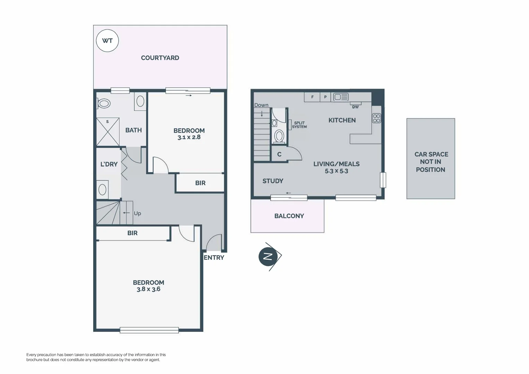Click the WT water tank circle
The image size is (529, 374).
click(x=107, y=41)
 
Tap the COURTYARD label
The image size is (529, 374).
click(x=160, y=58)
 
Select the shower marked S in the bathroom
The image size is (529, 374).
click(x=108, y=132)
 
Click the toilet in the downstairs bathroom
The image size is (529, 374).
click(x=104, y=103)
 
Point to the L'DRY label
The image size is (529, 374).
click(x=109, y=164)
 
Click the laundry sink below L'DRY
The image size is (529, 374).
click(x=103, y=189)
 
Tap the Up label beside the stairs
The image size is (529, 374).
click(x=137, y=213)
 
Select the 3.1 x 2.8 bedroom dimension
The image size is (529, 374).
click(x=189, y=137)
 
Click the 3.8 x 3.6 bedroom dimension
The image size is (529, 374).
click(x=148, y=289)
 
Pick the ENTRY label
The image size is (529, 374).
click(x=214, y=258)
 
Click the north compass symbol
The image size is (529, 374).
click(x=268, y=256)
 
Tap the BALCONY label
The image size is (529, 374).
click(x=289, y=216)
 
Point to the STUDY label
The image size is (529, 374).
click(x=273, y=181)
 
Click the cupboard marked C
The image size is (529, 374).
click(x=279, y=154)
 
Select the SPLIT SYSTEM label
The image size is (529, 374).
click(x=299, y=125)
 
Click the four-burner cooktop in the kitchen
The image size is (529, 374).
click(x=376, y=118)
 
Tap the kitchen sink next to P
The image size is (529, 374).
click(x=341, y=97)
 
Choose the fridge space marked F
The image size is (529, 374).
click(x=312, y=97)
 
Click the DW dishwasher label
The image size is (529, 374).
click(x=355, y=107)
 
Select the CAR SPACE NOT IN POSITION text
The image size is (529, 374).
click(x=431, y=162)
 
